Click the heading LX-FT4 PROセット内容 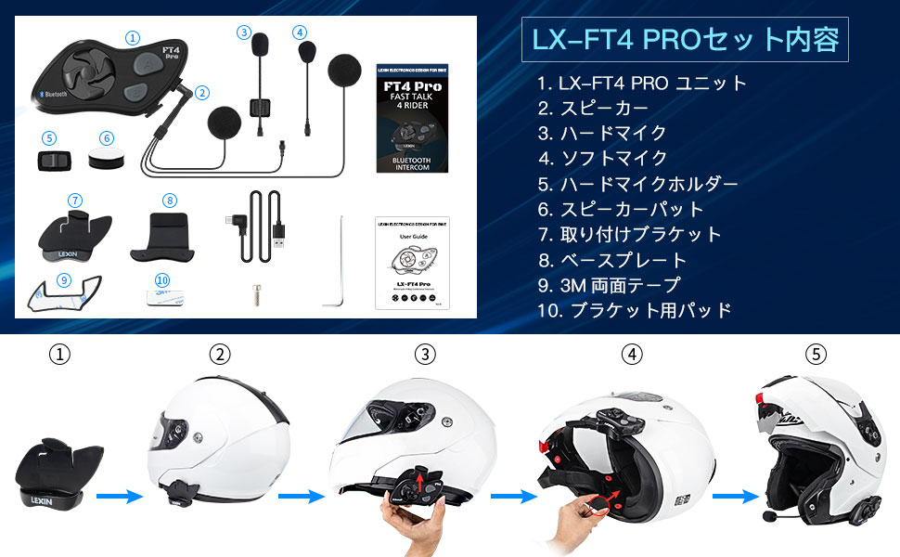pyautogui.click(x=685, y=40)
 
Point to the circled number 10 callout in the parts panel pyautogui.click(x=162, y=279)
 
